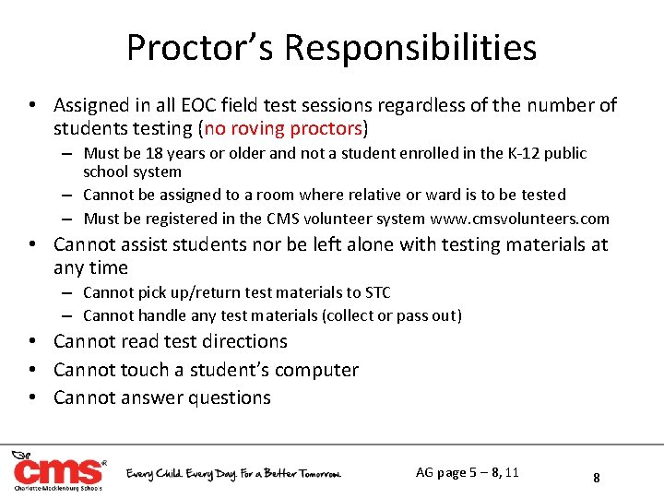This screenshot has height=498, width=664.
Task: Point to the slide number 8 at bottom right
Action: (597, 478)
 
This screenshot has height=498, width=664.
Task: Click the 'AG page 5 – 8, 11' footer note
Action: (467, 472)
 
